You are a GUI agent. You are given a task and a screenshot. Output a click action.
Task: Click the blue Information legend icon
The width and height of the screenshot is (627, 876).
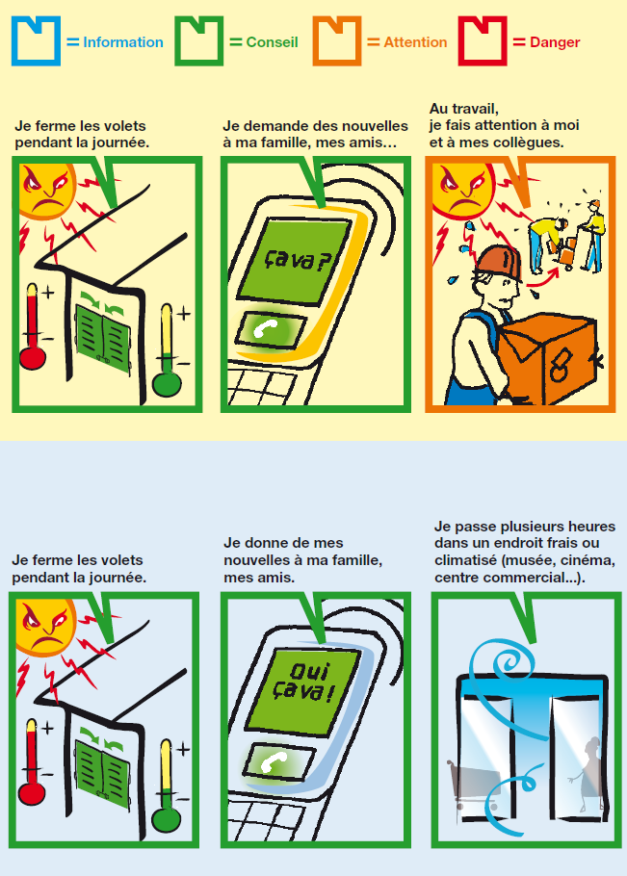[x=36, y=40]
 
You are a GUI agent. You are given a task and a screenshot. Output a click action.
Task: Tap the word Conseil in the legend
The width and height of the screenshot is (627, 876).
[x=272, y=42]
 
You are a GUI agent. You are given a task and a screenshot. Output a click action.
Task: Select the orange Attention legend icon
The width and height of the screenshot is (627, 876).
[x=337, y=40]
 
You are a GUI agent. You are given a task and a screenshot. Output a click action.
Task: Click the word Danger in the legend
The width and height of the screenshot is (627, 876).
[x=555, y=42]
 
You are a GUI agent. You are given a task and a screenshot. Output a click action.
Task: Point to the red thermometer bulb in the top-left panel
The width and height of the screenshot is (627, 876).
[x=33, y=357]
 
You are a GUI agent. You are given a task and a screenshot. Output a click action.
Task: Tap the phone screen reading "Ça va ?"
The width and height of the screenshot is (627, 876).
[x=295, y=260]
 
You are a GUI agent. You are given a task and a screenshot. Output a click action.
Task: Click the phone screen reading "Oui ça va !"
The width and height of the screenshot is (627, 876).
[x=302, y=690]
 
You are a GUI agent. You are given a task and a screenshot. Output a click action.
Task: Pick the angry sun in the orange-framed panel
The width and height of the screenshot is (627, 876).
[x=464, y=190]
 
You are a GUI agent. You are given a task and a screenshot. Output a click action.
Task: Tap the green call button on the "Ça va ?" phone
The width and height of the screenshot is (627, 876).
[x=271, y=329]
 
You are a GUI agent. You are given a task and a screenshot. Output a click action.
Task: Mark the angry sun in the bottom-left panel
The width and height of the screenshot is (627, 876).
[x=47, y=626]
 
